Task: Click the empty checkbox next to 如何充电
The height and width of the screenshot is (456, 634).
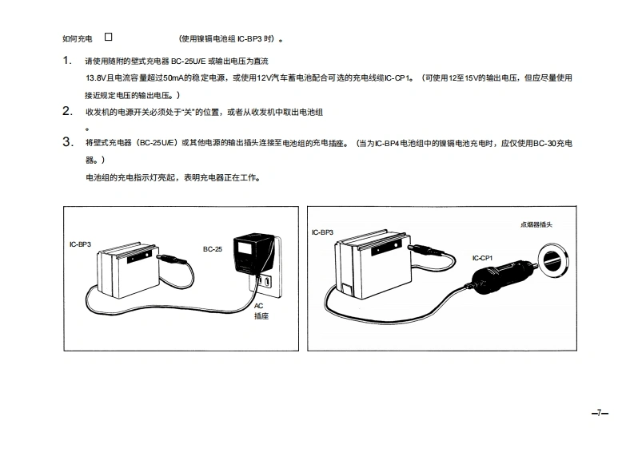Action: pyautogui.click(x=109, y=37)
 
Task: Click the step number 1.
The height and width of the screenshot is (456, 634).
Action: pyautogui.click(x=67, y=61)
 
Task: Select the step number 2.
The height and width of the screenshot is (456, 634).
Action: pyautogui.click(x=67, y=111)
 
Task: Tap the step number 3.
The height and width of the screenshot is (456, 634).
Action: pyautogui.click(x=67, y=142)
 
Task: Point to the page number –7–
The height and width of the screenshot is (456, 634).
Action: pyautogui.click(x=600, y=413)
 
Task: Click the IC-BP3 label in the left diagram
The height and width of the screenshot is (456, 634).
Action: pyautogui.click(x=80, y=244)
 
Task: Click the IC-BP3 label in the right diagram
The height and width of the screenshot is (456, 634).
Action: pyautogui.click(x=322, y=232)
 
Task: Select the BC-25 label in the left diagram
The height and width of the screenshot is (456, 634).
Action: pyautogui.click(x=213, y=249)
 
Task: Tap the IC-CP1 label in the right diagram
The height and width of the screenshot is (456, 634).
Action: pyautogui.click(x=482, y=258)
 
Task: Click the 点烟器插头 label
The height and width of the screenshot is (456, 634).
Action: pyautogui.click(x=536, y=224)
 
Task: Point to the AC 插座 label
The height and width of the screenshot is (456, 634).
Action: pyautogui.click(x=261, y=311)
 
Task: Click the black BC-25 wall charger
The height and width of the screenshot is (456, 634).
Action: pyautogui.click(x=253, y=254)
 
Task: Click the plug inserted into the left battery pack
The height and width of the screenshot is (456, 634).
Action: pyautogui.click(x=171, y=260)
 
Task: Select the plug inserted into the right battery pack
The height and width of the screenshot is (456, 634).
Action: pyautogui.click(x=426, y=250)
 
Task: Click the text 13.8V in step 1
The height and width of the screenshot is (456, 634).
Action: pyautogui.click(x=95, y=78)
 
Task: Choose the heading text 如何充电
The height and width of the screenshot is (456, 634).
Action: pyautogui.click(x=78, y=39)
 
